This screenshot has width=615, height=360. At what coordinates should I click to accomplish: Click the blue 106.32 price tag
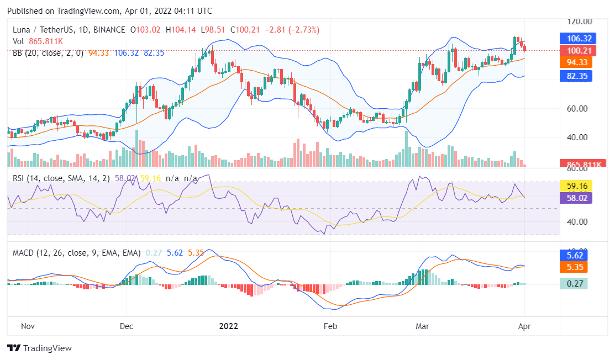[576, 39]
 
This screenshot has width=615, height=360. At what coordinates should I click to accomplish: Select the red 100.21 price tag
[576, 51]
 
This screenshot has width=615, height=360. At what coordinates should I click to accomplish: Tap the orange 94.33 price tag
[576, 62]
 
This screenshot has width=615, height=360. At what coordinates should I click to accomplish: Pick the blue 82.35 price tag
[576, 76]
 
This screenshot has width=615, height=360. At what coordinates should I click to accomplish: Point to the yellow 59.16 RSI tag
[576, 186]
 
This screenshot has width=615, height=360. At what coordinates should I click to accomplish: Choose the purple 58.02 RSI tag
[576, 197]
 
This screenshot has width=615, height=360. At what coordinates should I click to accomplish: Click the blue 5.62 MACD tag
[576, 256]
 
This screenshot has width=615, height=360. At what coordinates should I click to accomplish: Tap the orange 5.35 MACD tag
[576, 267]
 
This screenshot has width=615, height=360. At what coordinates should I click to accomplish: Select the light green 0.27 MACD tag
[576, 284]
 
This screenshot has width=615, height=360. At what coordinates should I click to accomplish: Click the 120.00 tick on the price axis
[580, 22]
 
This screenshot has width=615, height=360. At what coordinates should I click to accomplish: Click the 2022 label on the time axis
[228, 326]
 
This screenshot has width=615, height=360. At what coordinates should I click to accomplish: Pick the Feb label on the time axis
[329, 326]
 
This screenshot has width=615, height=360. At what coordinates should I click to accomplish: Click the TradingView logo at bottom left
[39, 348]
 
